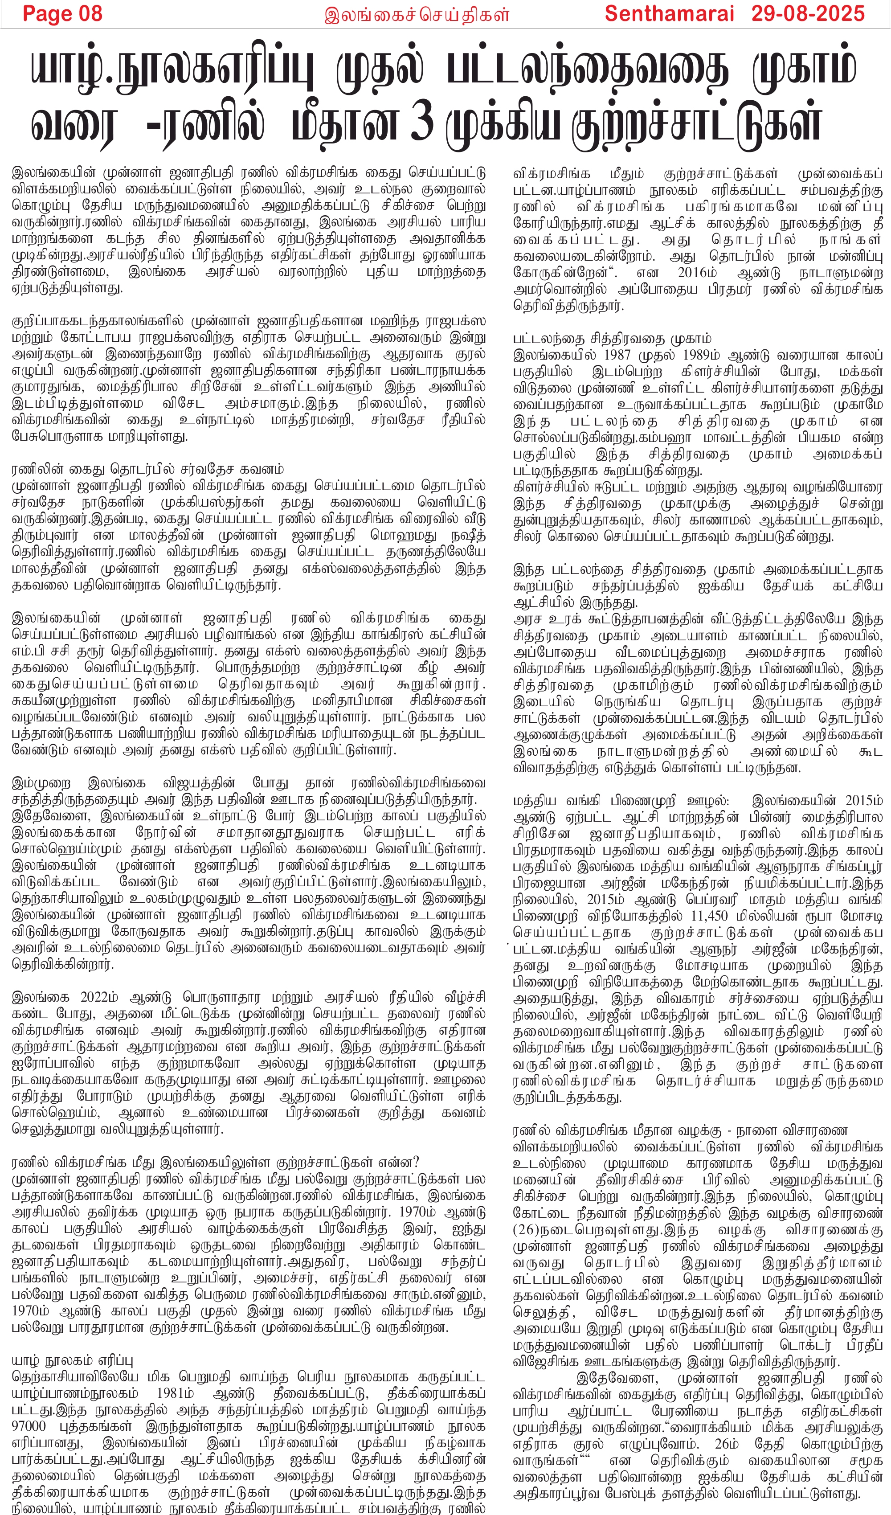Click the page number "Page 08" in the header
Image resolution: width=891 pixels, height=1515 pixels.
pyautogui.click(x=62, y=13)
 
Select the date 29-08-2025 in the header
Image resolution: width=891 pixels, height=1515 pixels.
pyautogui.click(x=809, y=13)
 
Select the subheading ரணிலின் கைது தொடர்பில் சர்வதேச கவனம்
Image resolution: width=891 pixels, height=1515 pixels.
pyautogui.click(x=147, y=469)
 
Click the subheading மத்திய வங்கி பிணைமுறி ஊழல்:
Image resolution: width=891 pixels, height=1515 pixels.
pyautogui.click(x=621, y=801)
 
